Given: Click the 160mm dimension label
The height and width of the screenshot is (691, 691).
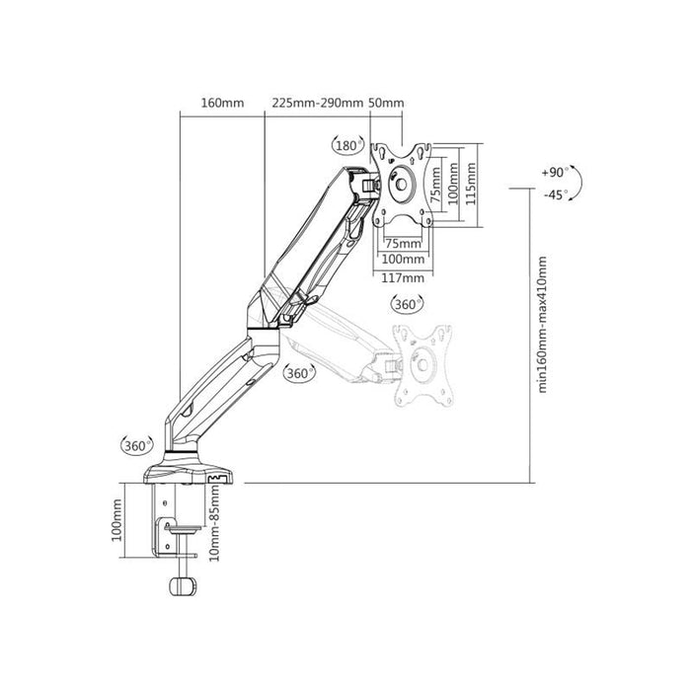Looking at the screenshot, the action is pyautogui.click(x=222, y=103).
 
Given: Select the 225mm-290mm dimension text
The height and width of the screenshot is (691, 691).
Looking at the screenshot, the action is pyautogui.click(x=317, y=103).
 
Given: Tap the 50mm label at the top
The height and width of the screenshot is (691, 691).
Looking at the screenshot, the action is pyautogui.click(x=386, y=103).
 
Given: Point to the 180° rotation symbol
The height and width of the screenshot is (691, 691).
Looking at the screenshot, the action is pyautogui.click(x=348, y=144).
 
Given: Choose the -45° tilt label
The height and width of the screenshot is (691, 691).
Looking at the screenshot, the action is pyautogui.click(x=555, y=194).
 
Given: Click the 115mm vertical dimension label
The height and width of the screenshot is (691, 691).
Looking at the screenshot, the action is pyautogui.click(x=471, y=184).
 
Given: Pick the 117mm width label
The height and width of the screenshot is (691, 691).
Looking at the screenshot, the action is pyautogui.click(x=403, y=278).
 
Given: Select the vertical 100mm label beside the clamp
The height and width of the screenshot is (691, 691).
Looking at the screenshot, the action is pyautogui.click(x=116, y=520).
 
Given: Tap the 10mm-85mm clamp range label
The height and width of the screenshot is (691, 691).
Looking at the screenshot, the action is pyautogui.click(x=214, y=522).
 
